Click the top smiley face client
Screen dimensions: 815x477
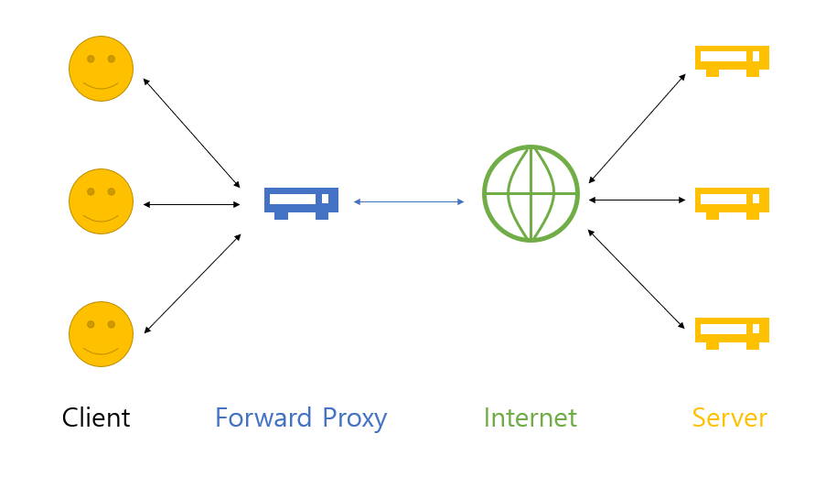click(101, 69)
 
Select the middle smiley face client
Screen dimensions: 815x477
click(101, 201)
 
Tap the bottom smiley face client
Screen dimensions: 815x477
click(101, 334)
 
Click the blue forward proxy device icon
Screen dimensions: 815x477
click(302, 203)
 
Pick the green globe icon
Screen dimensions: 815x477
click(531, 193)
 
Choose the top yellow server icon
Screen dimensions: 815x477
click(732, 60)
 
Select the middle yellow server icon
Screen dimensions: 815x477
click(732, 203)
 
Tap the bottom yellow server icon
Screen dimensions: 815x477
click(732, 333)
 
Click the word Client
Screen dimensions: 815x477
click(96, 417)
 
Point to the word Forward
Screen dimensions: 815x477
click(263, 417)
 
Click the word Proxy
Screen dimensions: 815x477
click(355, 419)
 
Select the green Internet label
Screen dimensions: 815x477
click(531, 417)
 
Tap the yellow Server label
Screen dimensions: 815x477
click(730, 417)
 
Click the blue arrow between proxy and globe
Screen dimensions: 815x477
click(409, 201)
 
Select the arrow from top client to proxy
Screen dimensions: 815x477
click(191, 133)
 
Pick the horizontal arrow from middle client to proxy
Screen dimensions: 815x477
click(191, 204)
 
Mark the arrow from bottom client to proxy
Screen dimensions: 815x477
click(192, 284)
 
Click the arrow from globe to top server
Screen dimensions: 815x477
click(637, 128)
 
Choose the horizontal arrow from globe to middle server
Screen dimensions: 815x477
click(637, 200)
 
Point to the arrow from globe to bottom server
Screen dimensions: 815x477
click(637, 279)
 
